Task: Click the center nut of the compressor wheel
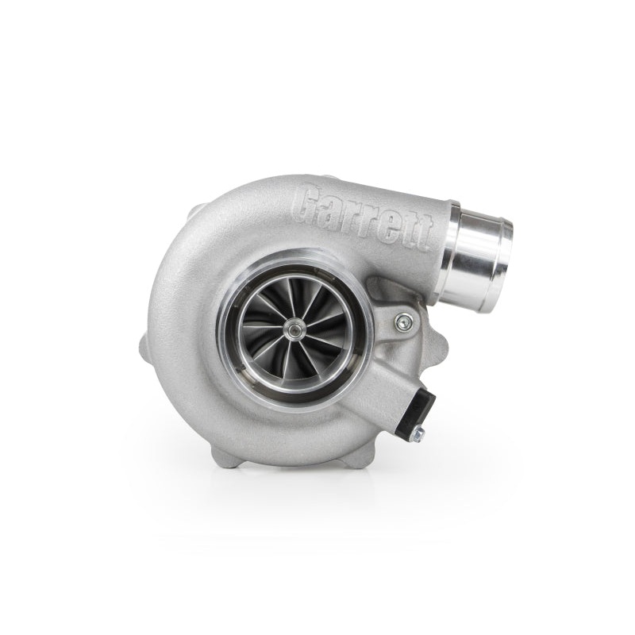point(295,326)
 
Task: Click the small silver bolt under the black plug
point(418,433)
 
